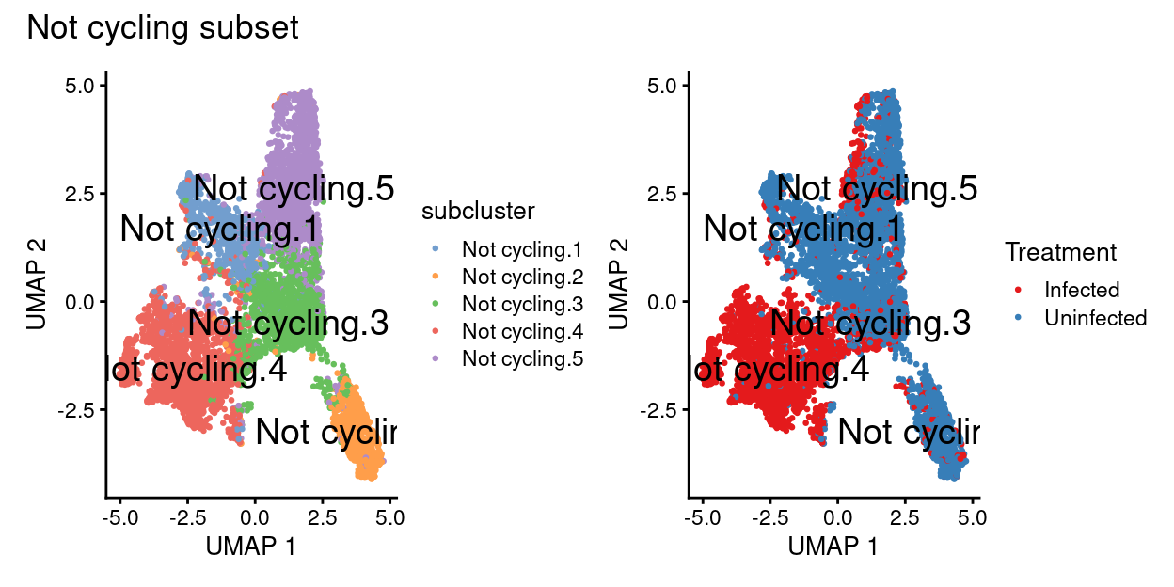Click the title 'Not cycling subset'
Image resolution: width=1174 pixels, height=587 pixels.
point(163,28)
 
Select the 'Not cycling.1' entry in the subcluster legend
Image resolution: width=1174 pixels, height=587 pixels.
point(522,250)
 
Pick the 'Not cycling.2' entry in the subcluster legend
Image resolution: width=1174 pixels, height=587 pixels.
point(522,278)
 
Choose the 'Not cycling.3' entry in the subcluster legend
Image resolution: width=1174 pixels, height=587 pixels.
point(522,304)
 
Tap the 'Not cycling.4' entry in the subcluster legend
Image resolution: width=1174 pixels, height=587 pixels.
point(522,331)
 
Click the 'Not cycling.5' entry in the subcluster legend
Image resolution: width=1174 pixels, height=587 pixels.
point(522,358)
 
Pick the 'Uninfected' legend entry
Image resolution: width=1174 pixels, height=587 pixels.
point(1095,318)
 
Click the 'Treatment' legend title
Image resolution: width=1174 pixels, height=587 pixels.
point(1060,252)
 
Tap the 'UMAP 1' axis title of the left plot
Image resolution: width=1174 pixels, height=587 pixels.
point(252,546)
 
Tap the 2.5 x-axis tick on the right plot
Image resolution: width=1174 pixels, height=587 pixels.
point(905,517)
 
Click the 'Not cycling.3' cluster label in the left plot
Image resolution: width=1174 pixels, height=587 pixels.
point(288,324)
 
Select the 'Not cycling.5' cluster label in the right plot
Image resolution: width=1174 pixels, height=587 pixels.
point(877,189)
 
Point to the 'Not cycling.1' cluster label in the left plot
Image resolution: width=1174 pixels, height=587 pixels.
point(220,230)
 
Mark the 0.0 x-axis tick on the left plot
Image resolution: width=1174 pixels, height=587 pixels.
point(254,517)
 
